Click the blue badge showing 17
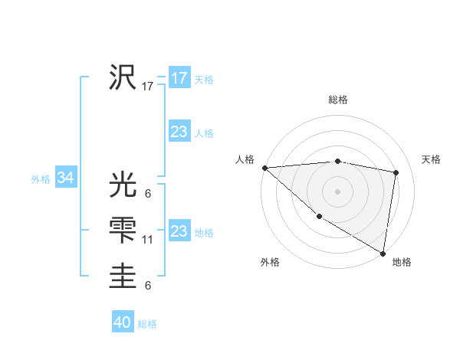click(179, 78)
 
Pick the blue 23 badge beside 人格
click(179, 132)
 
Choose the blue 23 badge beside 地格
click(179, 231)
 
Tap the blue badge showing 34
click(65, 178)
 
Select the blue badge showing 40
click(123, 322)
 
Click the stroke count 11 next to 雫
click(148, 240)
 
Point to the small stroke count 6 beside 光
click(147, 194)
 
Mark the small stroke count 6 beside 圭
click(147, 286)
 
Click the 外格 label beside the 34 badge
click(41, 179)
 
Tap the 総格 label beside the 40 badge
click(147, 324)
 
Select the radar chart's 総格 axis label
click(338, 100)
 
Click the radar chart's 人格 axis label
click(245, 159)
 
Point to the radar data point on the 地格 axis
click(383, 253)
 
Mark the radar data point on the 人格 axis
click(264, 168)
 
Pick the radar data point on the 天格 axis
click(396, 172)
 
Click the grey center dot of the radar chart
click(337, 191)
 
